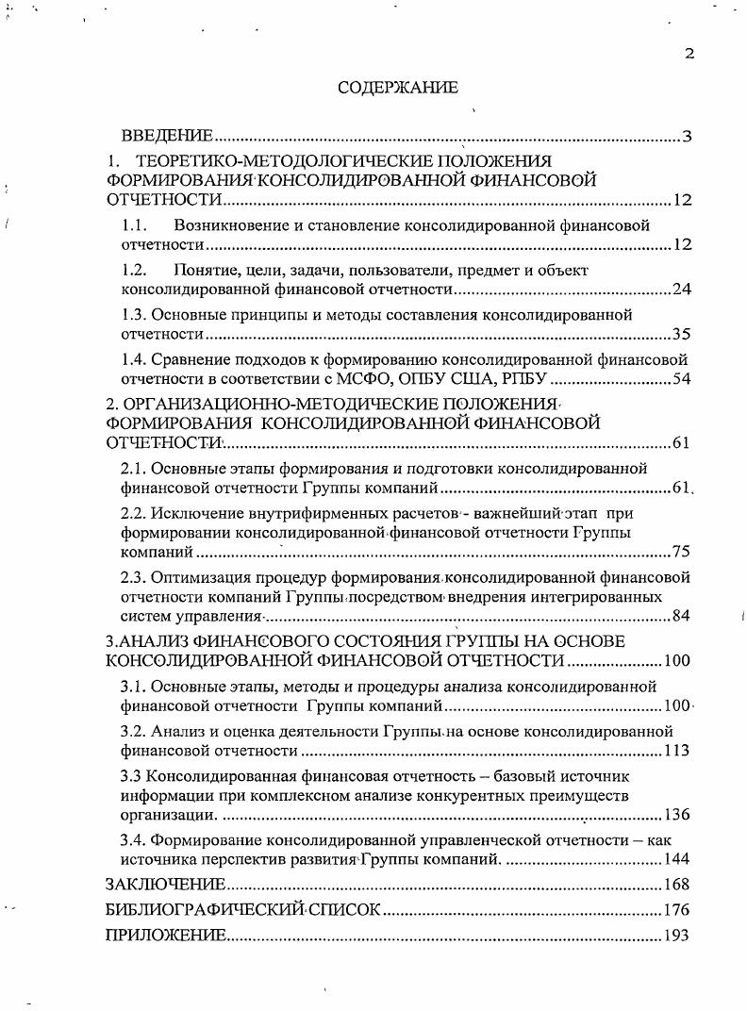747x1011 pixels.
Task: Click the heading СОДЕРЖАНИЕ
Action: pos(397,88)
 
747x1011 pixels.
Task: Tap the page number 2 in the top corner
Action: pos(689,53)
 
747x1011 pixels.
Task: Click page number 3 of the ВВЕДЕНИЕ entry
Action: pos(687,138)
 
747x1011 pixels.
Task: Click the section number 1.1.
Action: pos(136,225)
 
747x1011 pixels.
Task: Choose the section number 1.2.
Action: pos(136,270)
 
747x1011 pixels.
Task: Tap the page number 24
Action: pos(682,290)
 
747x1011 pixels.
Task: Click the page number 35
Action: pos(682,334)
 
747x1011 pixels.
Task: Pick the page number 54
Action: pos(682,379)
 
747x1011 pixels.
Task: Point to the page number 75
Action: pos(682,552)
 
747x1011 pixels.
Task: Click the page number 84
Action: pos(682,616)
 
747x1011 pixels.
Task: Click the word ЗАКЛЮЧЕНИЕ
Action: pos(165,885)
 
